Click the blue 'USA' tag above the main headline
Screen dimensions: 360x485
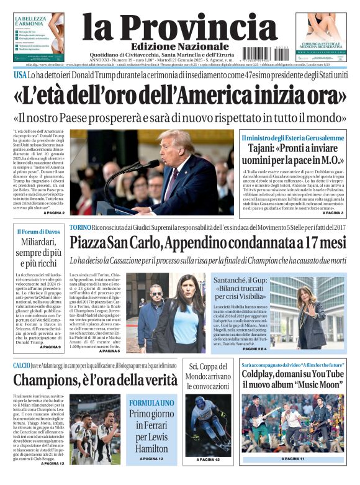[20, 75]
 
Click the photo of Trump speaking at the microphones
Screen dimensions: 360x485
[152, 172]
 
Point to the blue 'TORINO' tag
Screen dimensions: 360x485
[80, 228]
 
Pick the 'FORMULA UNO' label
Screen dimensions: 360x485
[151, 402]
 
